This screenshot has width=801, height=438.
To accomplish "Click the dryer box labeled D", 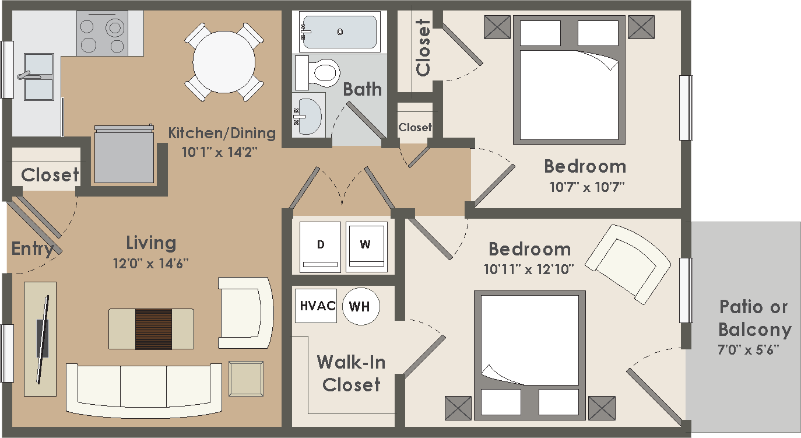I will [320, 246].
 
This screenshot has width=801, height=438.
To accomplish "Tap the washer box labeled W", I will [366, 246].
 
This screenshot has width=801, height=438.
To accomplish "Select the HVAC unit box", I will [315, 306].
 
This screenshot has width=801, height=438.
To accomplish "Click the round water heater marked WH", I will [360, 306].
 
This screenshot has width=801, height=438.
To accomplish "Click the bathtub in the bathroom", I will [340, 32].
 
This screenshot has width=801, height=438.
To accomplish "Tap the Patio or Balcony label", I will [754, 318].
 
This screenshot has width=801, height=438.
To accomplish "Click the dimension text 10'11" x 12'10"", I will [529, 269].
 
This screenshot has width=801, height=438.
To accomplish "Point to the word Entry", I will [32, 249].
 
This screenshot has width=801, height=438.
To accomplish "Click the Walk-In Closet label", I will [351, 373].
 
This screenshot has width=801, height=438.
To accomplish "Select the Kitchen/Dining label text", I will [222, 133].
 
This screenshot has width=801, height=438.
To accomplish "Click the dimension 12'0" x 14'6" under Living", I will [151, 264].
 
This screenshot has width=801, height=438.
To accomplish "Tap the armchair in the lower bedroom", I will [628, 264].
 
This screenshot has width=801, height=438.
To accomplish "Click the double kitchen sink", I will [38, 76].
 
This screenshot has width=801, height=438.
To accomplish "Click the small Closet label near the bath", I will [415, 127].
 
